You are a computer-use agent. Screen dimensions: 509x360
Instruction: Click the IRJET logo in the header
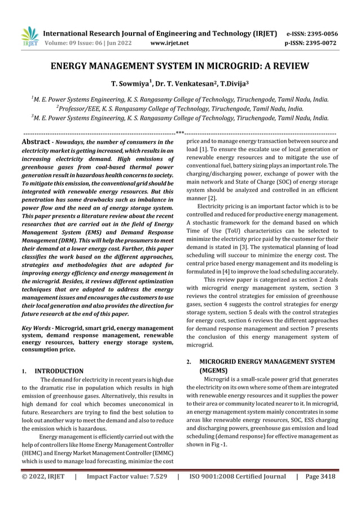29,37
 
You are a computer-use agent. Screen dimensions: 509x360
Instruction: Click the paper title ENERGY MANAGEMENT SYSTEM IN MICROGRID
180,67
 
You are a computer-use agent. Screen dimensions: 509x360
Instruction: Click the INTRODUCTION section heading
59,371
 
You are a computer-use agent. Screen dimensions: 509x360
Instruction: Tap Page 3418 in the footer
319,476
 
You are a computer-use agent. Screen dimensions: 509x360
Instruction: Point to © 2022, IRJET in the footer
43,476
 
